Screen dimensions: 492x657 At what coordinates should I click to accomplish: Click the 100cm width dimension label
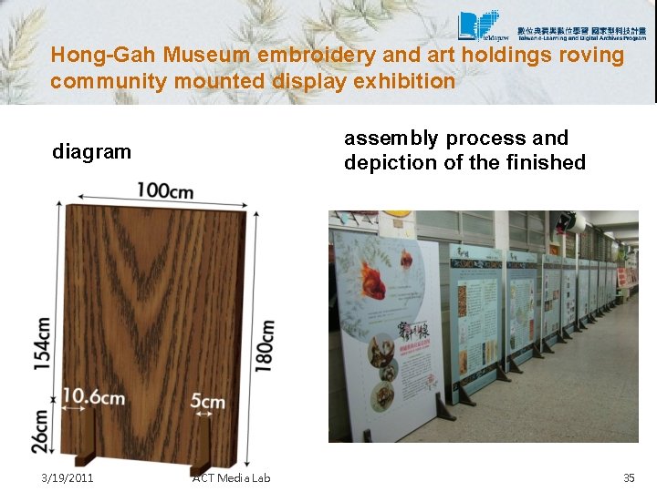pyautogui.click(x=165, y=191)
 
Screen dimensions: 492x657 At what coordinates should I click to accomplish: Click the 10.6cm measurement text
pyautogui.click(x=93, y=396)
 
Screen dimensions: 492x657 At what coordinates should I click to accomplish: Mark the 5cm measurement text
pyautogui.click(x=208, y=402)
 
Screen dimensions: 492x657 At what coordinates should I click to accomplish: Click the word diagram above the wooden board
pyautogui.click(x=91, y=151)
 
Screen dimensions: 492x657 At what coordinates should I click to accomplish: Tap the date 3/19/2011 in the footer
pyautogui.click(x=67, y=477)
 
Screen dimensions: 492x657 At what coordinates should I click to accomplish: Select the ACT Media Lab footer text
pyautogui.click(x=232, y=477)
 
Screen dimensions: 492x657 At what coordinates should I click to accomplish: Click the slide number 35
pyautogui.click(x=628, y=477)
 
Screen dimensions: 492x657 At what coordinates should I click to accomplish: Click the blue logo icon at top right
pyautogui.click(x=478, y=26)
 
